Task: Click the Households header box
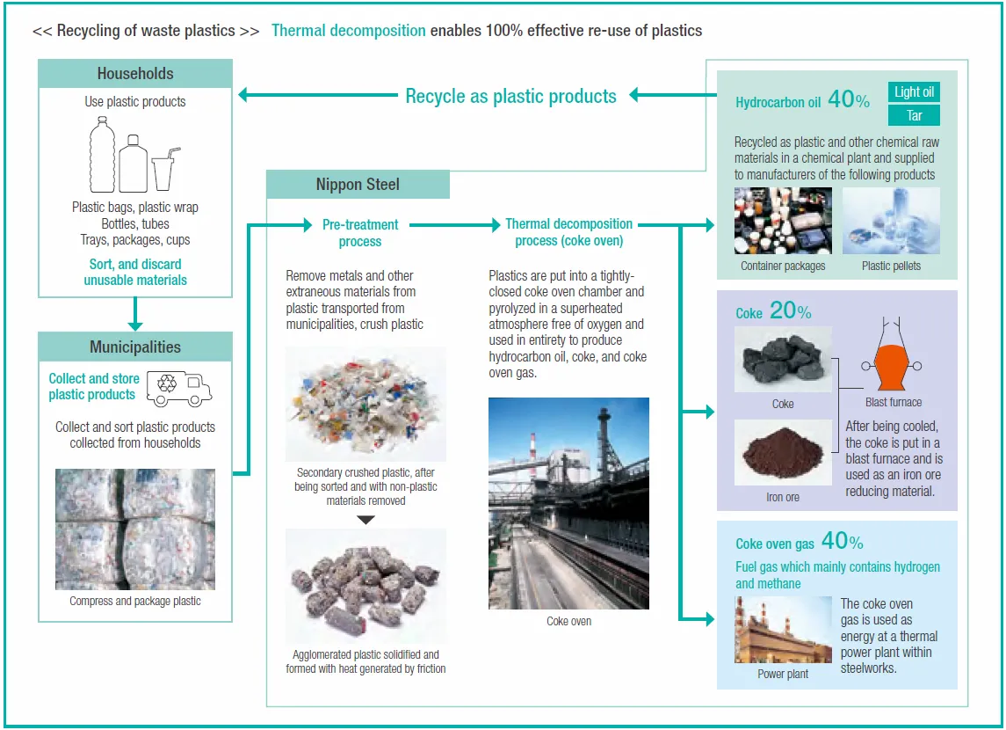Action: (x=135, y=74)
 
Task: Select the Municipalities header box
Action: (x=135, y=347)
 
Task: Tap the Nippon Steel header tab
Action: (x=358, y=185)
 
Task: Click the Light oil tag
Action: (x=914, y=91)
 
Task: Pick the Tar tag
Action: (x=914, y=115)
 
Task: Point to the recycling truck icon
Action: (x=179, y=388)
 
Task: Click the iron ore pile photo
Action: (x=782, y=453)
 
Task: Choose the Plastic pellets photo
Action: (x=891, y=221)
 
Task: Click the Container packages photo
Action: (x=783, y=221)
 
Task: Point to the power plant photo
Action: (x=783, y=631)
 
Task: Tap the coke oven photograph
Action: (x=568, y=503)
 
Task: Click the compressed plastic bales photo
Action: (x=135, y=529)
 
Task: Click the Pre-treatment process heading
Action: (x=360, y=232)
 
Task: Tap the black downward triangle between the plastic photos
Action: (x=365, y=520)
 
